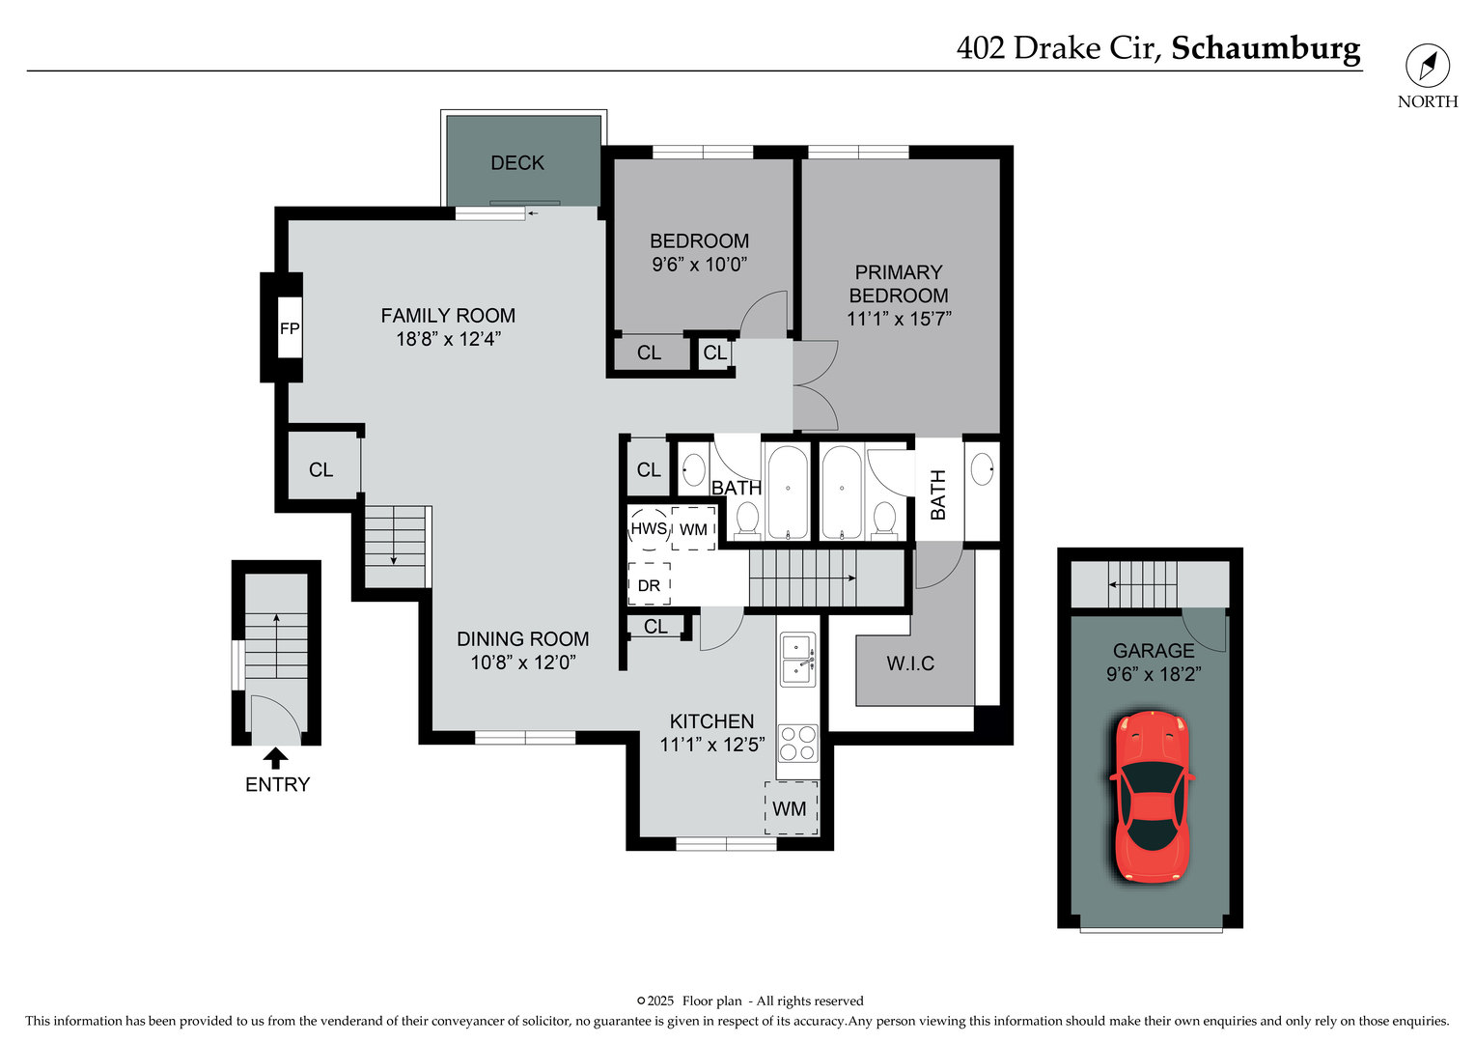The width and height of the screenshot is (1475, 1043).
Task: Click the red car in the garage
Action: pos(1151,797)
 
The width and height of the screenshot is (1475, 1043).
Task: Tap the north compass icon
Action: pos(1427,67)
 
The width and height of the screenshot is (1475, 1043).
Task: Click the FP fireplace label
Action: pos(290,328)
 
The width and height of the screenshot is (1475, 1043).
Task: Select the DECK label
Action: pos(517,163)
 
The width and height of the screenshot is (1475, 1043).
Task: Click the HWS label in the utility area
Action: pos(649,528)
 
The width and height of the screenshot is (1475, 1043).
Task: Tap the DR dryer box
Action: pos(649,585)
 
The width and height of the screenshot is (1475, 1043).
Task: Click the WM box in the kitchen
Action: pos(791,808)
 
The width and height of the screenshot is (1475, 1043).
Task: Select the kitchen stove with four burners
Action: pos(797,744)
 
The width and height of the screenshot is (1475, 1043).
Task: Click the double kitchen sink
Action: pos(797,658)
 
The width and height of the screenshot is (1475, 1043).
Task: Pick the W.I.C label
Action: pos(910,663)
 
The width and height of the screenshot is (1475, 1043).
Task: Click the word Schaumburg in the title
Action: pos(1266,47)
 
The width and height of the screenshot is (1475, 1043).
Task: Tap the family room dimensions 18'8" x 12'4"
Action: pos(448,339)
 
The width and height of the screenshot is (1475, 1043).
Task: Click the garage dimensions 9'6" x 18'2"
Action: pos(1153,674)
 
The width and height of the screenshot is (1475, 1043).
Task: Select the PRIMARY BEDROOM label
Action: pos(899,284)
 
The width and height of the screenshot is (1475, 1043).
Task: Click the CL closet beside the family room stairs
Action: pos(321,469)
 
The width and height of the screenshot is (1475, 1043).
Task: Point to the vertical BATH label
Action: pos(938,494)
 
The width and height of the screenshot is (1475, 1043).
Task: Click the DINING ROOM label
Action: pos(522,638)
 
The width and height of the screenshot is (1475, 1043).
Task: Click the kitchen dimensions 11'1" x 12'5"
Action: pos(712,745)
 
